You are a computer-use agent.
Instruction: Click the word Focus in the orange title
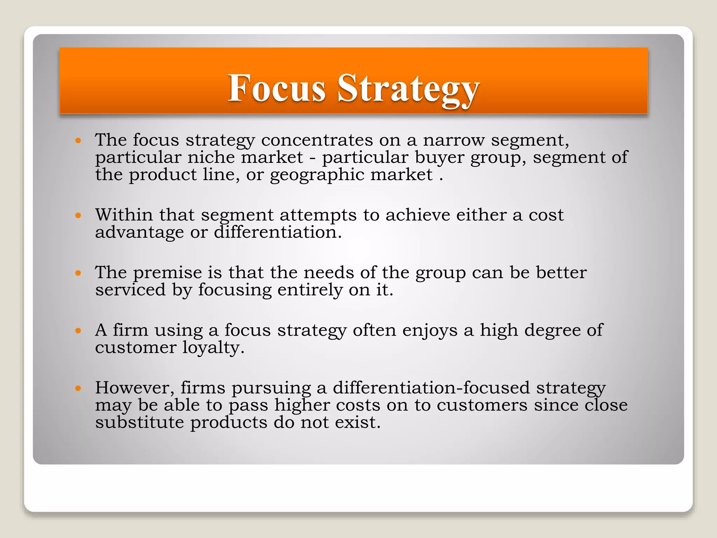277,88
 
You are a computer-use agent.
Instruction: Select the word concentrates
317,140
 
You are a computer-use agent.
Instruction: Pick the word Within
124,215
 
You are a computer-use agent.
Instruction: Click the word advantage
139,232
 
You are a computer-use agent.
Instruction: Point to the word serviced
130,290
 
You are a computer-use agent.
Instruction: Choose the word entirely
310,290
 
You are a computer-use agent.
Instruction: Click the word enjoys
430,330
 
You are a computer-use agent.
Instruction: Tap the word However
135,388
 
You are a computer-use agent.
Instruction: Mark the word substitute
139,422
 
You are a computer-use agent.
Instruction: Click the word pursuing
271,388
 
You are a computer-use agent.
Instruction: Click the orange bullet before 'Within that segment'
78,215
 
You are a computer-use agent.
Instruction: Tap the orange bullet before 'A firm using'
78,330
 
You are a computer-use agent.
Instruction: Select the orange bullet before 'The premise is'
78,273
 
